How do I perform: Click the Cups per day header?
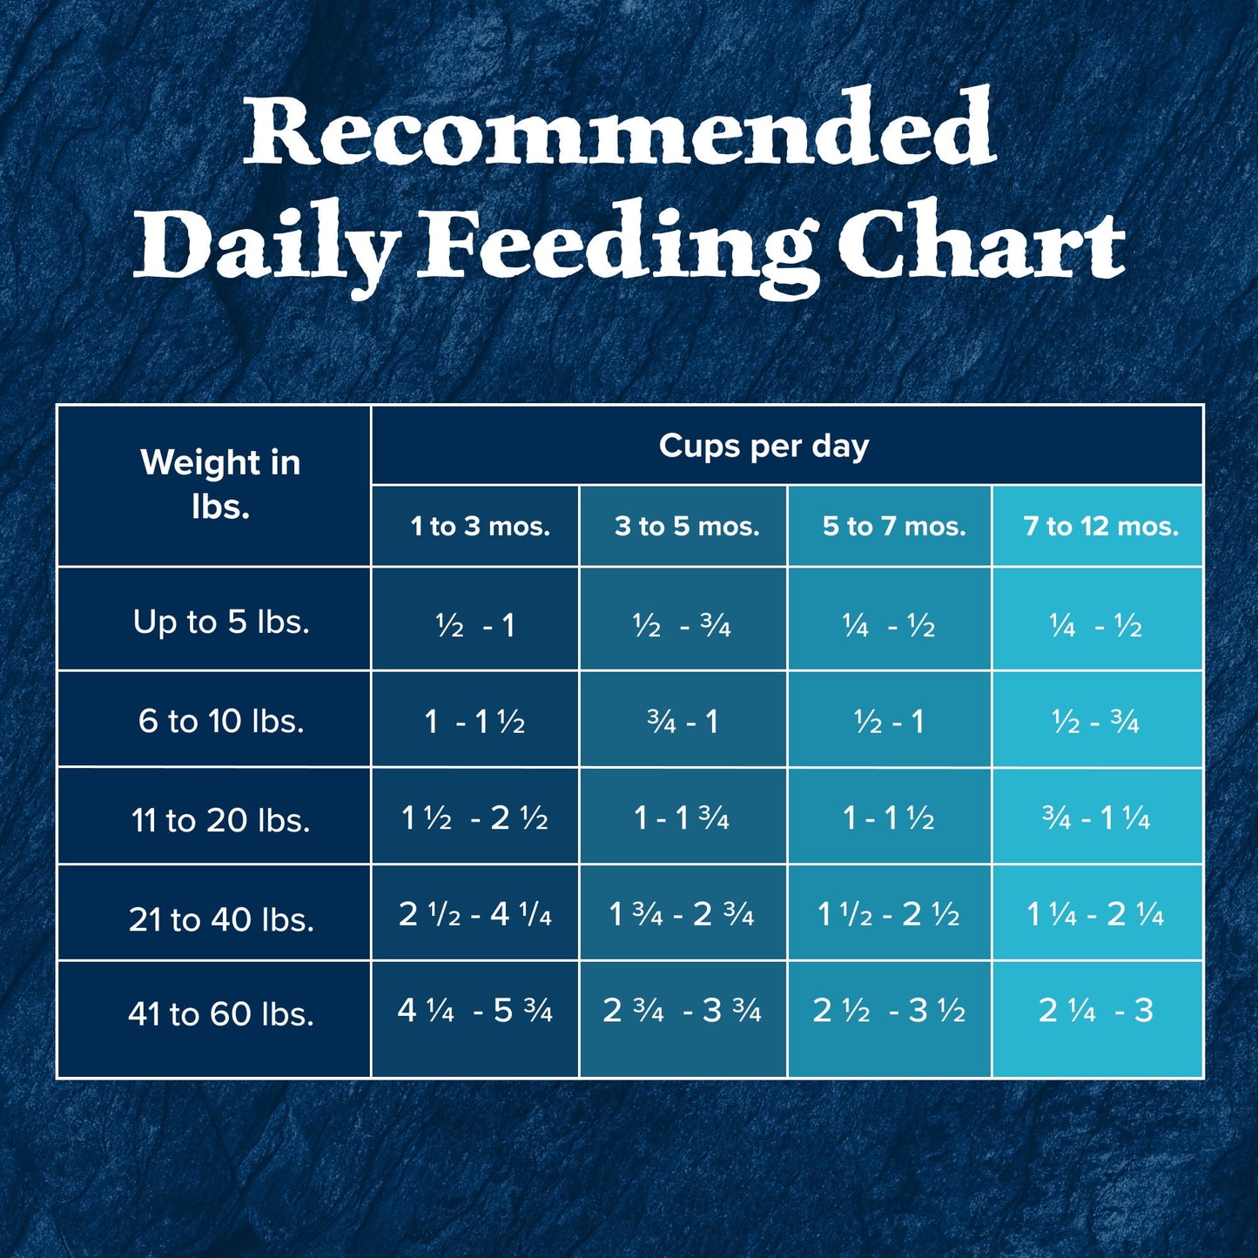click(x=764, y=446)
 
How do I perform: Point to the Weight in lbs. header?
click(x=220, y=484)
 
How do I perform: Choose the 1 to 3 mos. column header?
click(x=480, y=526)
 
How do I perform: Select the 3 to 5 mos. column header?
click(x=687, y=526)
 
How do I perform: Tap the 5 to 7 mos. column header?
click(x=894, y=526)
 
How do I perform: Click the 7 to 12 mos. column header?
click(x=1100, y=526)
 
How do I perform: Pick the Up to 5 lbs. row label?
click(x=221, y=622)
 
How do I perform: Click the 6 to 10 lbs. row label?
click(x=221, y=721)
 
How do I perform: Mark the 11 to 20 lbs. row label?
click(x=221, y=820)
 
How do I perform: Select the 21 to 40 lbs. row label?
click(x=221, y=918)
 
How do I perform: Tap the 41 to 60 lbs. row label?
click(x=221, y=1013)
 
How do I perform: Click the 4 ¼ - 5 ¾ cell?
click(x=474, y=1010)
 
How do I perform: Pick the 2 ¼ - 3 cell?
click(x=1095, y=1010)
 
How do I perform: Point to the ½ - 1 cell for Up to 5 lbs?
click(x=475, y=625)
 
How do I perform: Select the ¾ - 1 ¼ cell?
click(x=1095, y=818)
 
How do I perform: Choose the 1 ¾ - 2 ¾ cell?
click(x=681, y=914)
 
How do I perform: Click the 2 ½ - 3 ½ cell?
click(x=888, y=1010)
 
